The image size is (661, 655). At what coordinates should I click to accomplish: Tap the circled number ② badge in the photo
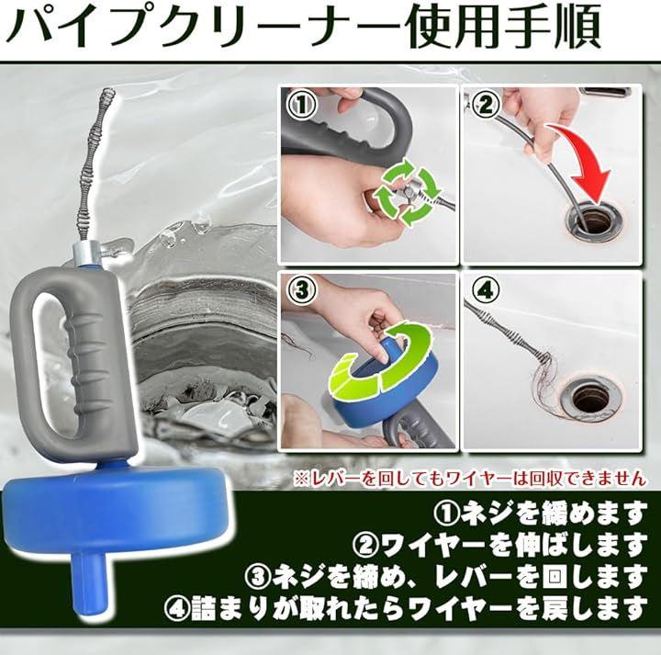click(x=486, y=104)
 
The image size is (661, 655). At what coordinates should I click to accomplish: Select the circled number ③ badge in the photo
click(x=301, y=289)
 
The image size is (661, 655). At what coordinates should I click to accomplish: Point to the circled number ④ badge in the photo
click(x=486, y=289)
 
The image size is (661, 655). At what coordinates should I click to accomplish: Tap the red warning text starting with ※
click(x=469, y=478)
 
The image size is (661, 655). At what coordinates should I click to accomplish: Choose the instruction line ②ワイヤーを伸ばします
click(x=500, y=545)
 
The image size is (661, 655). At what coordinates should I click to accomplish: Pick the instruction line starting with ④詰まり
click(x=406, y=608)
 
